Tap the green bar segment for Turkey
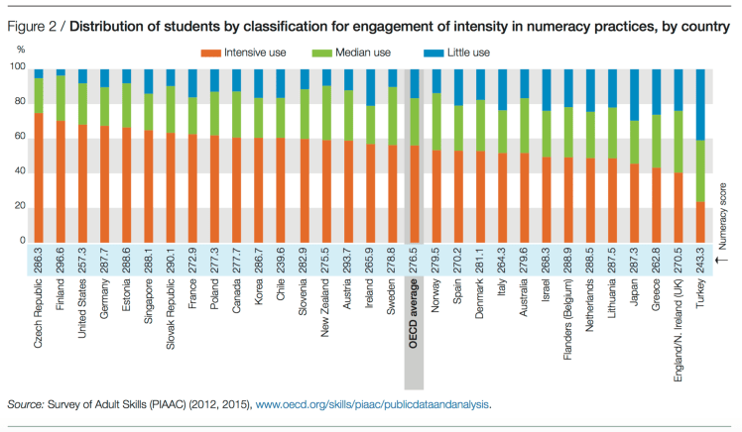point(700,170)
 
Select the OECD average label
point(414,314)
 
